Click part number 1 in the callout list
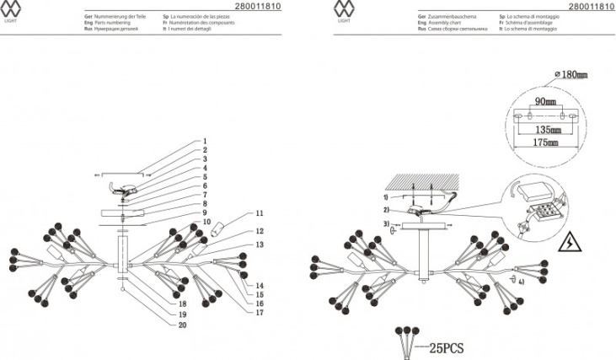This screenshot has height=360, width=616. tap(204, 142)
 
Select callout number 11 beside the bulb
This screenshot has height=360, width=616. tap(260, 213)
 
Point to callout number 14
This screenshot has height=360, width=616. tap(260, 286)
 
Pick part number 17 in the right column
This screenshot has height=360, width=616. tap(260, 312)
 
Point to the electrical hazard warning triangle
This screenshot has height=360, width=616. tap(569, 243)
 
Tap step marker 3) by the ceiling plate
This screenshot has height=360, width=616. tap(385, 224)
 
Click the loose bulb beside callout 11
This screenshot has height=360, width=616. tap(222, 228)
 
